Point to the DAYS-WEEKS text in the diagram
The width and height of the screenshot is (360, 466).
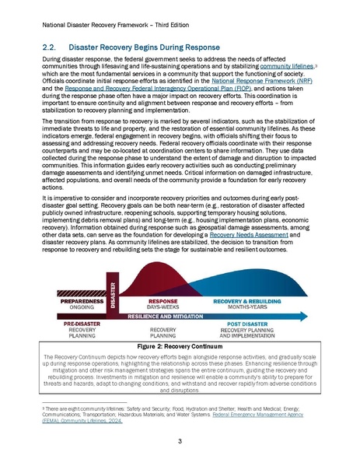pos(158,306)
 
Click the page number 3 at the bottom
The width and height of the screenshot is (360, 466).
pos(180,442)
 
